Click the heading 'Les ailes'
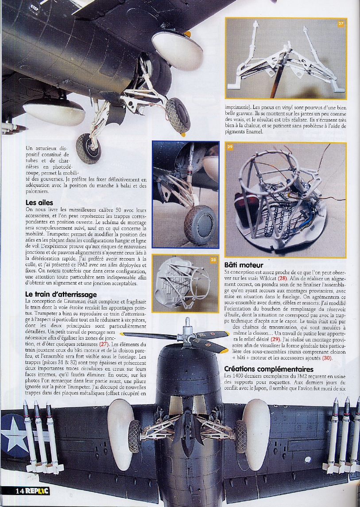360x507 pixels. pyautogui.click(x=39, y=203)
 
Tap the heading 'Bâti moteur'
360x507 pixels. pyautogui.click(x=244, y=265)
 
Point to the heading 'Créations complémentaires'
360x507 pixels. pyautogui.click(x=269, y=369)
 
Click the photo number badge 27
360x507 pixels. pyautogui.click(x=341, y=24)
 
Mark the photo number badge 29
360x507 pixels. pyautogui.click(x=230, y=147)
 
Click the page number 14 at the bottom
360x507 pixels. pyautogui.click(x=20, y=491)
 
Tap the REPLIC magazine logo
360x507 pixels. pyautogui.click(x=37, y=491)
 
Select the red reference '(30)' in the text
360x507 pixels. pyautogui.click(x=327, y=358)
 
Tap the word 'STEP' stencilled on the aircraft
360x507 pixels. pyautogui.click(x=34, y=7)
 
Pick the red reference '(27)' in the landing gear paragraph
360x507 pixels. pyautogui.click(x=104, y=344)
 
